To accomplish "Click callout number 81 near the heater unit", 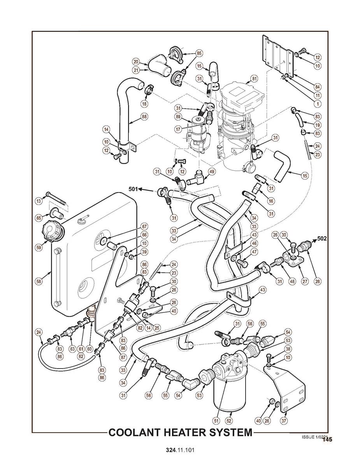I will click(254, 79).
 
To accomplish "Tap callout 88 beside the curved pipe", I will click(144, 116).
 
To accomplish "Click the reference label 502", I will click(323, 238).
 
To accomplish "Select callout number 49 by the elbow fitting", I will click(212, 172).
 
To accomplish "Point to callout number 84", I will click(318, 86).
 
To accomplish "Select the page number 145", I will click(327, 440).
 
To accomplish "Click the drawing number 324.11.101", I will click(180, 450).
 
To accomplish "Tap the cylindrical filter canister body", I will click(229, 397).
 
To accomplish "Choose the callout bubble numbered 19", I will click(318, 125).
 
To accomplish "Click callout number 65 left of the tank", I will click(39, 218).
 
